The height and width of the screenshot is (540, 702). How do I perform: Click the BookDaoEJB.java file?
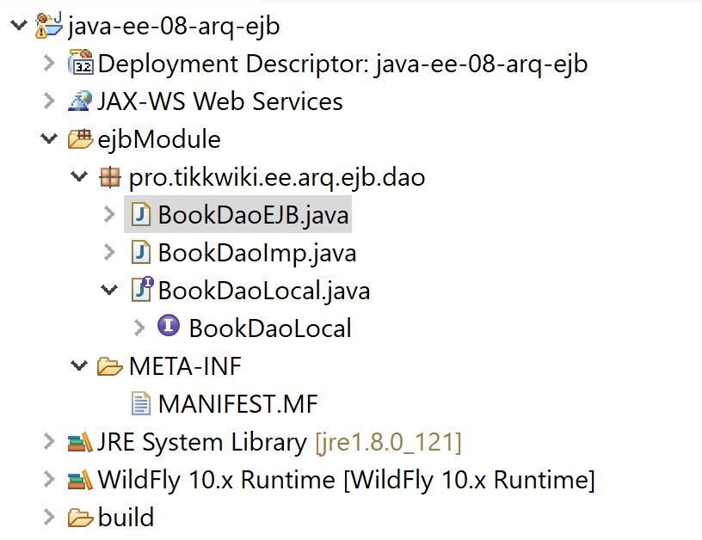[253, 215]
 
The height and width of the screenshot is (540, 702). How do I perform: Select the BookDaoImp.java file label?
[256, 253]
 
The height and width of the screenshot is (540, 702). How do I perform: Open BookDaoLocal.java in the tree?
[263, 291]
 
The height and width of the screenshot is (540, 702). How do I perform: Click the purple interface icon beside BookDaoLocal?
[169, 326]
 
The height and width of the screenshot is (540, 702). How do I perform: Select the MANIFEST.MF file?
[238, 403]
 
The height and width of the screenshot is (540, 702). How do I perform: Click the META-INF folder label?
[185, 366]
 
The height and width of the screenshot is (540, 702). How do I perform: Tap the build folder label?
[126, 517]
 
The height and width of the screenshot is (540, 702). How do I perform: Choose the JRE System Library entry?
[201, 442]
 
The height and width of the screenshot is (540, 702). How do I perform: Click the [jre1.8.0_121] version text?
[388, 442]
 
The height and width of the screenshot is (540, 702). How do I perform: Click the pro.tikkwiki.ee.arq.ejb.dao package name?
[276, 178]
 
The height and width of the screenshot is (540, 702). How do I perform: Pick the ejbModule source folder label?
[158, 139]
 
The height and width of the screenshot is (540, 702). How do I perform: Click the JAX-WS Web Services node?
[219, 101]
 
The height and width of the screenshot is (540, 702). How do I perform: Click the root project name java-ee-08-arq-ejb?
[173, 26]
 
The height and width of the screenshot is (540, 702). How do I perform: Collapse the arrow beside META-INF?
[79, 366]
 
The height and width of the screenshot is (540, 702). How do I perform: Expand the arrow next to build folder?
[49, 517]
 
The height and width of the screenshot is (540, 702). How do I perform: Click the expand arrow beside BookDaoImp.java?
[109, 253]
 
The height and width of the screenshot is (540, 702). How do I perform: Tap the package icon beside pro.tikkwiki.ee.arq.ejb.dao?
[109, 178]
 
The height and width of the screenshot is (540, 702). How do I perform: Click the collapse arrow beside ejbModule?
[49, 139]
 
